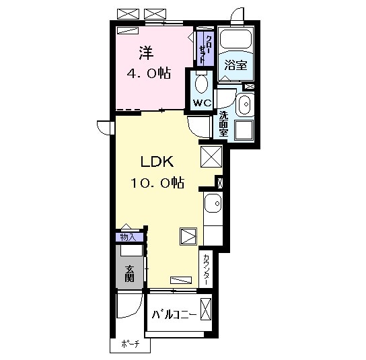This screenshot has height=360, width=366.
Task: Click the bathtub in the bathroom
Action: tap(235, 41)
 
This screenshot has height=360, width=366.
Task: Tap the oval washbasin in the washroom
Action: tap(244, 104)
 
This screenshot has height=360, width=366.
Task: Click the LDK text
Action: tap(157, 162)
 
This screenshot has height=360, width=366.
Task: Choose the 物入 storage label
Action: tap(128, 237)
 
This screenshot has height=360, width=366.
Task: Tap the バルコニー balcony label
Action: tap(174, 314)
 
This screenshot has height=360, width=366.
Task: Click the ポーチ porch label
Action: tap(130, 345)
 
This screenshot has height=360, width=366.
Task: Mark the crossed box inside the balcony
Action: tap(206, 310)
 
